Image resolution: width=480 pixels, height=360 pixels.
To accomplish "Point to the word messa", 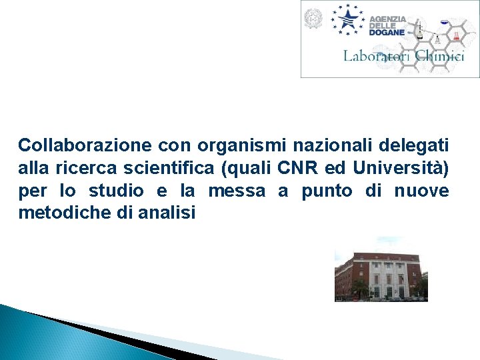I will [237, 191].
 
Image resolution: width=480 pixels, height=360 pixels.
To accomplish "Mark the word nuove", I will [421, 191].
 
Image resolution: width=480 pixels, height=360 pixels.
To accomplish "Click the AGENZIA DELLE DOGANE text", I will [388, 25].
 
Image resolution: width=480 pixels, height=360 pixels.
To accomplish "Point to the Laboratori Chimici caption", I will [403, 56].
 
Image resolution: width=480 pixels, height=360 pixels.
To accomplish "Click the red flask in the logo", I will [457, 35].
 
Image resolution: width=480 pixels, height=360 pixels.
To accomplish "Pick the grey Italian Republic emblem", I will [313, 19].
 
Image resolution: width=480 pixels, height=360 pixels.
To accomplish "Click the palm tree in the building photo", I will [361, 288].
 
